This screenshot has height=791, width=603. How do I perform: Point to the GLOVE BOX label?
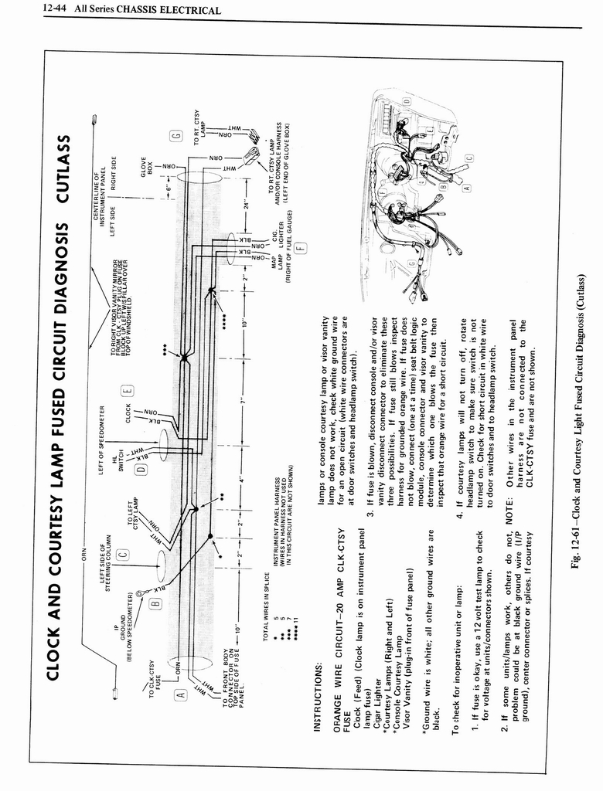point(146,166)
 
